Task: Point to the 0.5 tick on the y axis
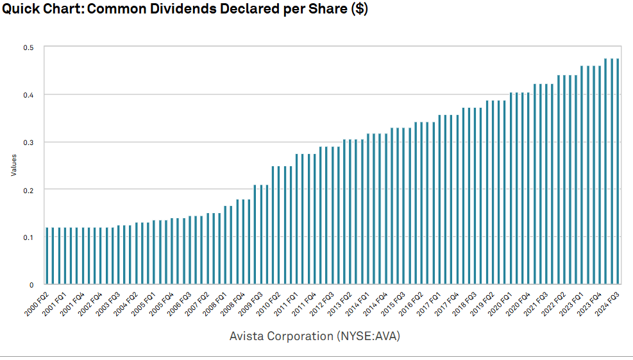pyautogui.click(x=30, y=47)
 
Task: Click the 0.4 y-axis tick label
pyautogui.click(x=30, y=95)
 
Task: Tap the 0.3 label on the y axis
pyautogui.click(x=30, y=142)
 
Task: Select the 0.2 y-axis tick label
pyautogui.click(x=30, y=190)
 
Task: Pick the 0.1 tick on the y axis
pyautogui.click(x=30, y=237)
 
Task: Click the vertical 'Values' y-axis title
pyautogui.click(x=13, y=166)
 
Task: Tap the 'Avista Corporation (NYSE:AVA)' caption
pyautogui.click(x=314, y=336)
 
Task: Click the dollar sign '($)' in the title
pyautogui.click(x=359, y=11)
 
